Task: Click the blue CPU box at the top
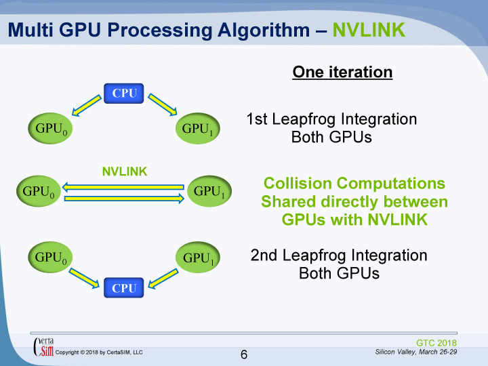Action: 125,93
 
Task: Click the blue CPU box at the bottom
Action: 125,288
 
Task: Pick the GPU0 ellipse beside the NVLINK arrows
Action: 38,191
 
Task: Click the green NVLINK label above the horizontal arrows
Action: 125,171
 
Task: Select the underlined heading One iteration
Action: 342,72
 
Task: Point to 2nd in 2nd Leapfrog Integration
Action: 264,256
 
